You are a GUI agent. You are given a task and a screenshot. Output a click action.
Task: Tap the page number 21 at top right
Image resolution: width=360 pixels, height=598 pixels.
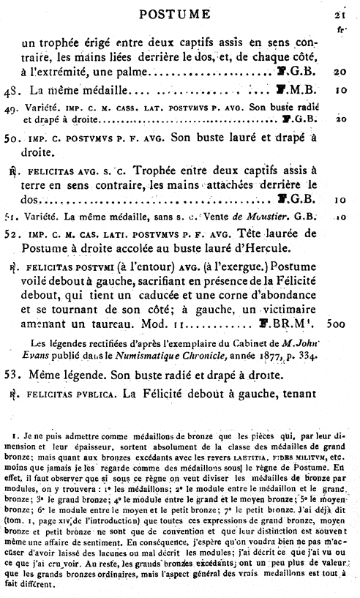pos(340,13)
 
